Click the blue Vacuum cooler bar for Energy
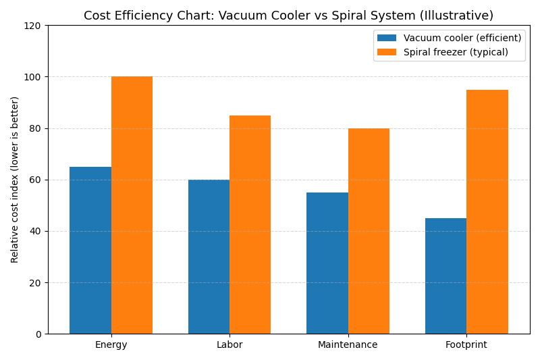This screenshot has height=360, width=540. point(90,250)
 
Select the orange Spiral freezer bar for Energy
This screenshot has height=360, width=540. point(132,205)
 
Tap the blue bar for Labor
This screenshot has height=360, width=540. point(209,257)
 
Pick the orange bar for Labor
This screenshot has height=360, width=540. point(250,224)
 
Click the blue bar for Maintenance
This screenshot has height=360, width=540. point(327,263)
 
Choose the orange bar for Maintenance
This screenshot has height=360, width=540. point(369,231)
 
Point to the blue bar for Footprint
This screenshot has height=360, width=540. point(446,276)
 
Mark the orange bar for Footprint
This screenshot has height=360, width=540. point(487,211)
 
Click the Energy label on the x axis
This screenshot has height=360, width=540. point(111,345)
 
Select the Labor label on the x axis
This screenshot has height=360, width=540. point(230,345)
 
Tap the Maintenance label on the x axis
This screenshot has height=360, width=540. point(348,345)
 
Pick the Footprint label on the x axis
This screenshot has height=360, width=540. point(466,345)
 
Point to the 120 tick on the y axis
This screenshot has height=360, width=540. point(34,26)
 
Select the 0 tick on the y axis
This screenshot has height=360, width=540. point(39,334)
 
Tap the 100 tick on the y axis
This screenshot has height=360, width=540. point(34,77)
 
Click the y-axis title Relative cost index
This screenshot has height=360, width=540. point(15,180)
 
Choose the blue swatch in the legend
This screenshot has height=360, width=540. point(387,38)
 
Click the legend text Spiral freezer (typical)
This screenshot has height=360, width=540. point(456,52)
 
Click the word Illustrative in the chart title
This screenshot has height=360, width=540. point(460,16)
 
